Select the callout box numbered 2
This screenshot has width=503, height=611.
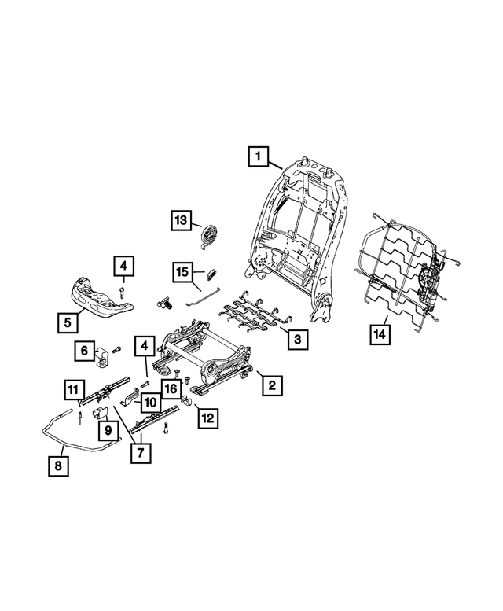[x=271, y=385]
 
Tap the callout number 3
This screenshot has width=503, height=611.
[x=296, y=340]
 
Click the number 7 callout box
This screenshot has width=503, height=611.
[x=141, y=453]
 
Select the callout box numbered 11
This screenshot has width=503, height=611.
[x=73, y=389]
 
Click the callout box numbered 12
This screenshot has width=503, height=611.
[x=207, y=418]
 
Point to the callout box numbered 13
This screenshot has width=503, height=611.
[x=182, y=221]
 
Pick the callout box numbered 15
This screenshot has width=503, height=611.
[x=182, y=273]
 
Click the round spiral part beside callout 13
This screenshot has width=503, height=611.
[x=211, y=235]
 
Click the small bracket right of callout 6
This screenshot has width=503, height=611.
[x=103, y=355]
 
